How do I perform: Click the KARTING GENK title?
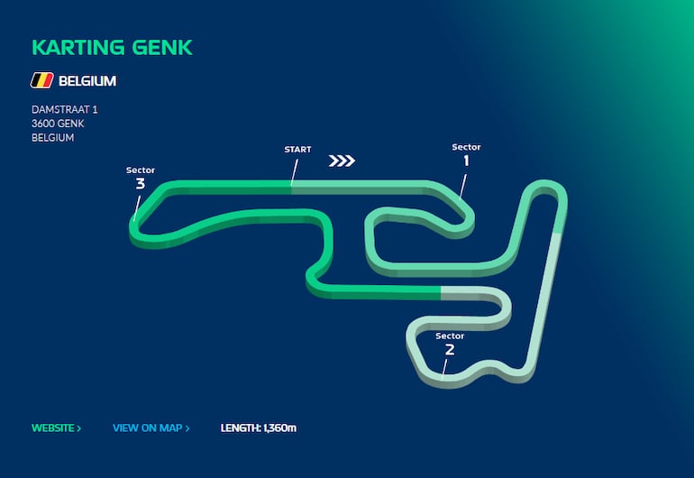click(x=112, y=48)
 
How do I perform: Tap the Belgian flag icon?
click(x=42, y=80)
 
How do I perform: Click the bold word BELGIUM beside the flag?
click(x=87, y=81)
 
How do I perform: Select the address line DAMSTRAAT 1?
click(x=65, y=109)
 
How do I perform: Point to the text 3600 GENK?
click(x=58, y=124)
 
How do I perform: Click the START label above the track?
click(x=297, y=150)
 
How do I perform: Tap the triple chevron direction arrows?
click(x=342, y=161)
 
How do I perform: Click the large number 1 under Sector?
click(x=466, y=161)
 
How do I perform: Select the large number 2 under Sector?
click(x=450, y=350)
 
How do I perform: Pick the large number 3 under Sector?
click(x=141, y=183)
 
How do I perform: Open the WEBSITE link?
click(x=56, y=427)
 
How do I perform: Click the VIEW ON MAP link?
click(x=151, y=427)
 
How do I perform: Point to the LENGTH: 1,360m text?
click(x=259, y=427)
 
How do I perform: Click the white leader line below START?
click(x=295, y=172)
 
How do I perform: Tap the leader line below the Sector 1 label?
click(x=463, y=187)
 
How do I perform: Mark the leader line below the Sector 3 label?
click(x=137, y=208)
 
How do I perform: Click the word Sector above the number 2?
click(x=450, y=336)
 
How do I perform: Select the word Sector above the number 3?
click(x=141, y=170)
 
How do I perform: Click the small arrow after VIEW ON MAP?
click(x=187, y=428)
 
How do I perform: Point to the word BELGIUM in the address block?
click(x=52, y=138)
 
